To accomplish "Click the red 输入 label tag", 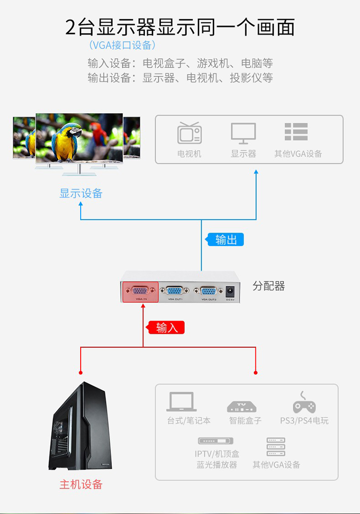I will [x=166, y=328].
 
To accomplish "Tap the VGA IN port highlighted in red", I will [x=140, y=291].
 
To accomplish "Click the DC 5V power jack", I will [x=230, y=291].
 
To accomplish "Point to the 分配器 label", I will [x=269, y=287].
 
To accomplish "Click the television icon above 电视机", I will [x=189, y=133].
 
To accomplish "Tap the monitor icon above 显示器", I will [x=243, y=133].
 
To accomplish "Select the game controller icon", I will [x=304, y=404].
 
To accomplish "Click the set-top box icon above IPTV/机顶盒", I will [x=216, y=441].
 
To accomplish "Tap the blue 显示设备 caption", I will [x=81, y=193].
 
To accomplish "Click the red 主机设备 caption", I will [x=81, y=484].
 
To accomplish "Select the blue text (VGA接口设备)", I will [x=122, y=46].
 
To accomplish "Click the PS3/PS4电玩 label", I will [x=304, y=421].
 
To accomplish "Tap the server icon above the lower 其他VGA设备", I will [x=276, y=447].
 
